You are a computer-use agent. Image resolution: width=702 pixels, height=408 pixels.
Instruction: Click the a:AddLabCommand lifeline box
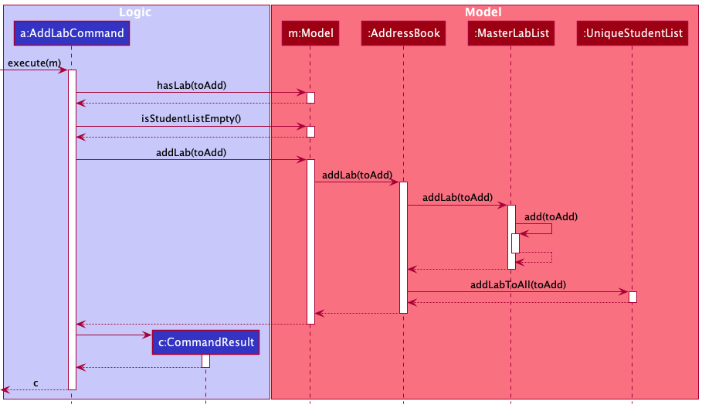(71, 33)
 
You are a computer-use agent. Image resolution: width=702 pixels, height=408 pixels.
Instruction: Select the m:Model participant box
(310, 33)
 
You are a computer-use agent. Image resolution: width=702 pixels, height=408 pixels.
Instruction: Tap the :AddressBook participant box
(402, 33)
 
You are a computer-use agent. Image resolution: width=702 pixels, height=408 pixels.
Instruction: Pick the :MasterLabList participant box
(510, 33)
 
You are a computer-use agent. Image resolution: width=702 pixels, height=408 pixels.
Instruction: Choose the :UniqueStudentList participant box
(632, 33)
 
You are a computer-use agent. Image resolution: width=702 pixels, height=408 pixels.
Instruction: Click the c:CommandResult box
(205, 342)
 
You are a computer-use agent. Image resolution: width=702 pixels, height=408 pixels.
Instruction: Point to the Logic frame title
(135, 12)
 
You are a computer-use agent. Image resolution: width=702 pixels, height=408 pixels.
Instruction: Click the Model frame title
(483, 12)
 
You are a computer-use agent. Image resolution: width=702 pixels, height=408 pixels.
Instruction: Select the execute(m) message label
(34, 63)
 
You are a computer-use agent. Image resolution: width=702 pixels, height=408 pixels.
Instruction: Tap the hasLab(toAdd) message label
(191, 85)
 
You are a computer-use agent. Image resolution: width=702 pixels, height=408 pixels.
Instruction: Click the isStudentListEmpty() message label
(191, 118)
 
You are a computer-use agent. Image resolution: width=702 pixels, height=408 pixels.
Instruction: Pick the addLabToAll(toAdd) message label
(518, 284)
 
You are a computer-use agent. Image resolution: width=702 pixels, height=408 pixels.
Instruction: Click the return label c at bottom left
(35, 383)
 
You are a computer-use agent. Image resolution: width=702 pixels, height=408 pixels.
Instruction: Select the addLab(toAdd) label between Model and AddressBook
(357, 175)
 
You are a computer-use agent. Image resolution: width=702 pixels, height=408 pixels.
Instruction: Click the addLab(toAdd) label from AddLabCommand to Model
(191, 152)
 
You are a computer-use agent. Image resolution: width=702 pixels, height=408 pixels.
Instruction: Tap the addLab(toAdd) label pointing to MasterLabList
(457, 198)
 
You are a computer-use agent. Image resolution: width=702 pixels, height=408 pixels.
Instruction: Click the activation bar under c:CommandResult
(206, 361)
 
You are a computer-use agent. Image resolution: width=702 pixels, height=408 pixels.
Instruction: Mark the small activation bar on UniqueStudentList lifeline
(632, 297)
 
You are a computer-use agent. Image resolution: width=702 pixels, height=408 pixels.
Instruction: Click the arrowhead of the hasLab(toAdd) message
(303, 93)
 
